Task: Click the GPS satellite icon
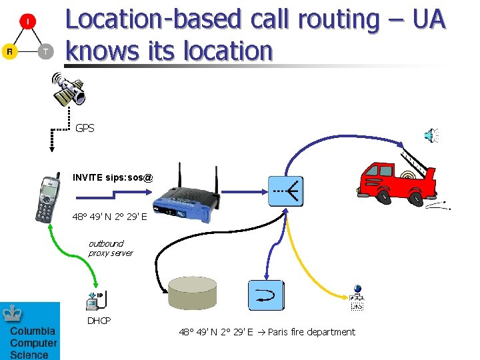[x=69, y=91]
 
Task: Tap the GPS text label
[x=85, y=128]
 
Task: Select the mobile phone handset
[x=47, y=198]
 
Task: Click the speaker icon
[x=431, y=136]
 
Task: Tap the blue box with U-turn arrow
[x=266, y=295]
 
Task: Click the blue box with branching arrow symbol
[x=286, y=191]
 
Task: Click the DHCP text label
[x=99, y=321]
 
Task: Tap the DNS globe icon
[x=357, y=298]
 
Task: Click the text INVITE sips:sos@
[x=113, y=177]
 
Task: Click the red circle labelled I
[x=27, y=22]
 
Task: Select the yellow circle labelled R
[x=9, y=51]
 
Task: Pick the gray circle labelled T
[x=45, y=51]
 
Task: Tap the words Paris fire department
[x=311, y=332]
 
